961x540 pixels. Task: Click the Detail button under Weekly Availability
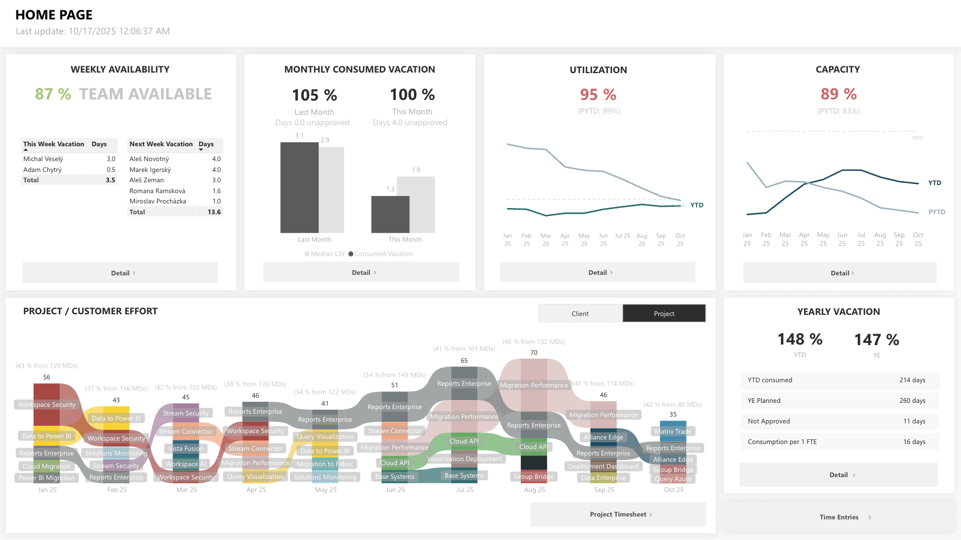click(x=120, y=273)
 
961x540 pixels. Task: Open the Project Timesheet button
click(x=618, y=514)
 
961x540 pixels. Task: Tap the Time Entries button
click(x=839, y=517)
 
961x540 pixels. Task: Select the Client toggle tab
click(x=580, y=313)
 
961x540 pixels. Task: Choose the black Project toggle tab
click(x=664, y=313)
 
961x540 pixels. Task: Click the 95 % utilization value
click(x=598, y=94)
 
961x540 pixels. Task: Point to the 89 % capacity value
click(x=838, y=94)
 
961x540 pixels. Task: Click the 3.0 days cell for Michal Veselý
click(x=111, y=159)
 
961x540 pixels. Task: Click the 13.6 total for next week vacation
click(x=214, y=212)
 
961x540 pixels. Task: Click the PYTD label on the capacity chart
click(x=936, y=212)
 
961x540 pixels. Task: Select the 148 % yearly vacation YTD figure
click(x=799, y=339)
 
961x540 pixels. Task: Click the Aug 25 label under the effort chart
click(x=534, y=490)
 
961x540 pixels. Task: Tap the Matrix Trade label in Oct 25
click(x=673, y=431)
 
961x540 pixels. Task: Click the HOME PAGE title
click(x=54, y=15)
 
